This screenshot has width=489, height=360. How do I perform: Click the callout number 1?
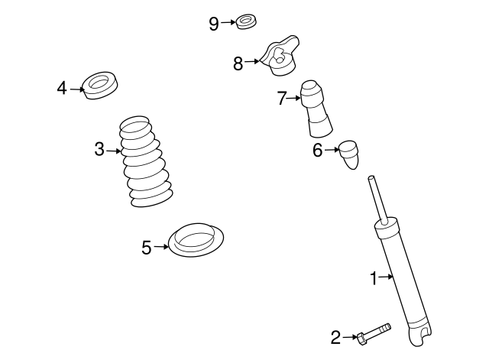point(374,278)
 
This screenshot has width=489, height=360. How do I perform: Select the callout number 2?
point(335,336)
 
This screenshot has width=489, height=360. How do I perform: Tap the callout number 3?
point(99,150)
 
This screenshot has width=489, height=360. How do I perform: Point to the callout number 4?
point(62,89)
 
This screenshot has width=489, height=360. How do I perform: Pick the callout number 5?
point(147,246)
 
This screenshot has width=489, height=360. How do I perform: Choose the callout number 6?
point(318,151)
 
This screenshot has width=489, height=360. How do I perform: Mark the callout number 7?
point(281,98)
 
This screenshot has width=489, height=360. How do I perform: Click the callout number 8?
point(238,63)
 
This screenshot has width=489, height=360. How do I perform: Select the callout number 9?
point(214,24)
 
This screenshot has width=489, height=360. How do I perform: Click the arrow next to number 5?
point(161,246)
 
